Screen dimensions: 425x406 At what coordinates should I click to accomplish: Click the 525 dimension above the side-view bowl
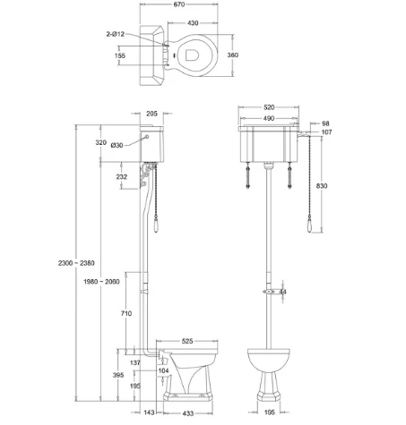[188, 341]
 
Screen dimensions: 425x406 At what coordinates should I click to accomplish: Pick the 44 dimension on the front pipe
[283, 292]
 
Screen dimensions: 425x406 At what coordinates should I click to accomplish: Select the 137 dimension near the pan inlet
[134, 363]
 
